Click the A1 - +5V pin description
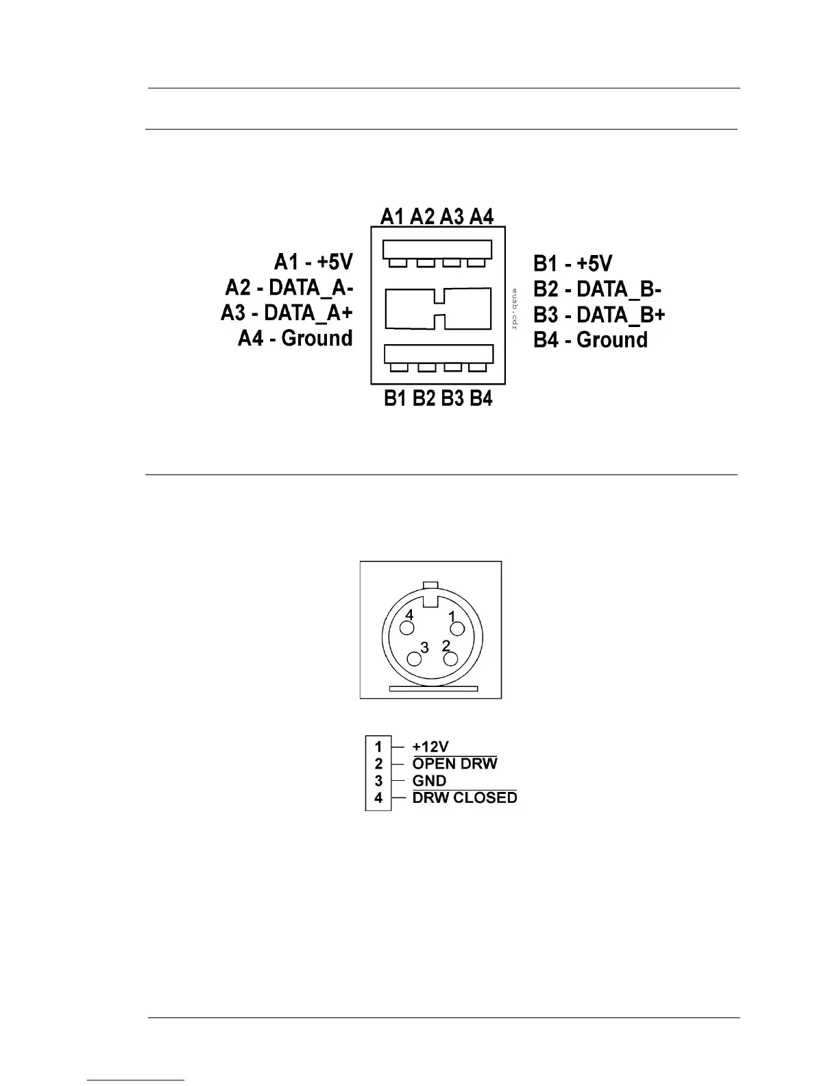(x=313, y=262)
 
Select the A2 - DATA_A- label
(x=289, y=287)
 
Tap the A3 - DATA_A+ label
(x=287, y=313)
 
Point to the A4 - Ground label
(x=295, y=338)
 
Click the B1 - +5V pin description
(x=573, y=264)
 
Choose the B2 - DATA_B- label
(x=598, y=289)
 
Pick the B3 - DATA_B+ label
(x=600, y=315)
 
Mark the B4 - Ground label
(x=591, y=340)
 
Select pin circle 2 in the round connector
(x=450, y=659)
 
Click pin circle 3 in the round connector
(x=415, y=660)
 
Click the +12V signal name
(x=430, y=747)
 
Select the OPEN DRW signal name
(x=454, y=764)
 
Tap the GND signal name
(x=429, y=781)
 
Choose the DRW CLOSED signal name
(x=465, y=798)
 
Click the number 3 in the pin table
(x=378, y=781)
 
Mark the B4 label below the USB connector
(x=481, y=398)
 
